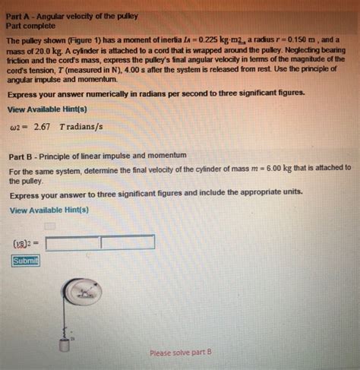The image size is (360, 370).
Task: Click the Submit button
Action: coord(25,261)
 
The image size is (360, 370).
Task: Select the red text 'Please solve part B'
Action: coord(181,353)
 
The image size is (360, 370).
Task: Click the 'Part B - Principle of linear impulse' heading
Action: coord(97,155)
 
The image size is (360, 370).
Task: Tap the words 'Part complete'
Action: coord(33,17)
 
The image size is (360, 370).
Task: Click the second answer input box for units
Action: coord(128,243)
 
